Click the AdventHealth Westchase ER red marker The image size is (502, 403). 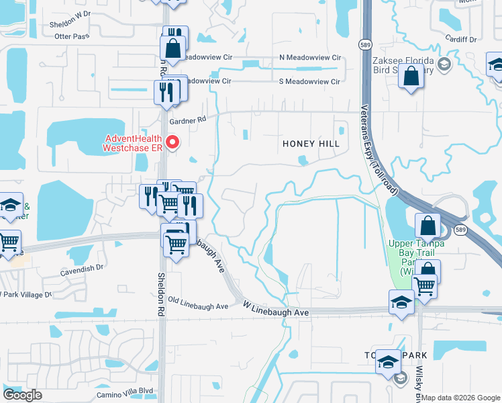pos(172,142)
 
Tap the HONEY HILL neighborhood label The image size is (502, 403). pos(311,144)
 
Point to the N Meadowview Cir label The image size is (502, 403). pos(309,58)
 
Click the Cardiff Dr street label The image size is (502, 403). pos(462,40)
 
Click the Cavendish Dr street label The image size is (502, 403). pos(82,267)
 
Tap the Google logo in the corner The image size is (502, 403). pos(22,395)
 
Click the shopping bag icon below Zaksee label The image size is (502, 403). pos(411,77)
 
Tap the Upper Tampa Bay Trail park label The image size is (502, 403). pos(411,257)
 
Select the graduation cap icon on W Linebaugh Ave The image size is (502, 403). pos(401,303)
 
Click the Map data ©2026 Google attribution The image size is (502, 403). pos(461,398)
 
